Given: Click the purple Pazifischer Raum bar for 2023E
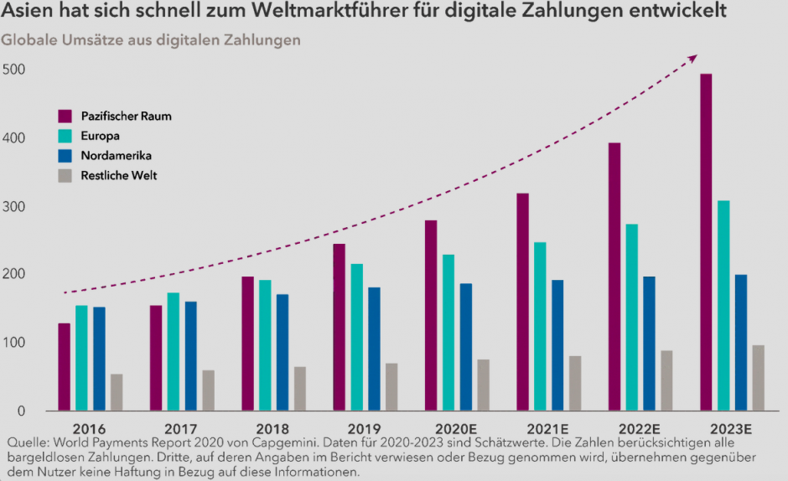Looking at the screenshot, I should coord(707,243).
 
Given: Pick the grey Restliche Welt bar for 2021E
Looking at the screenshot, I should coord(575,383).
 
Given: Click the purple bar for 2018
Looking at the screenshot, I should coord(247,344).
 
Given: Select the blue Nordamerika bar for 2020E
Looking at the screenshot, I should coord(466,347).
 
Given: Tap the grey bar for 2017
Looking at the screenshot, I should coord(208,390).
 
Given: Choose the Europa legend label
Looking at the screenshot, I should coord(101,136).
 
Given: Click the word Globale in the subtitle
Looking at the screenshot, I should coord(28,40).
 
